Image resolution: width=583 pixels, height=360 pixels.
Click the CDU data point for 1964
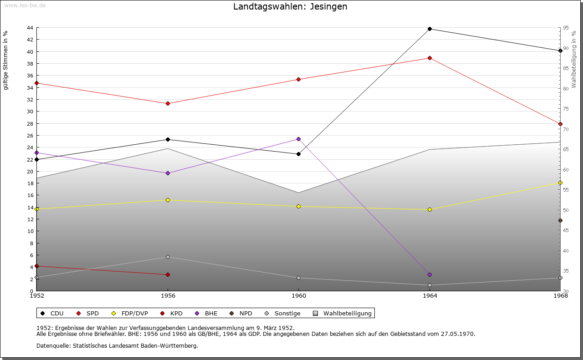pyautogui.click(x=430, y=29)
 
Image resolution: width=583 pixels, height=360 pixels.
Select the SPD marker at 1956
pyautogui.click(x=168, y=104)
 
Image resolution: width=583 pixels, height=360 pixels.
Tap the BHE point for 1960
pyautogui.click(x=298, y=139)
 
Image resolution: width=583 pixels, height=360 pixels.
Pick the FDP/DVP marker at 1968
pyautogui.click(x=560, y=183)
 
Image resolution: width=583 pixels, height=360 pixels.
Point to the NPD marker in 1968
pyautogui.click(x=560, y=221)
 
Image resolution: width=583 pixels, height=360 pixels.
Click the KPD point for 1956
pyautogui.click(x=168, y=275)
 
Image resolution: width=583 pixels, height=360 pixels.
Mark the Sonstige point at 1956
pyautogui.click(x=168, y=257)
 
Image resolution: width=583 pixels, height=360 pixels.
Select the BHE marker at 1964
pyautogui.click(x=430, y=275)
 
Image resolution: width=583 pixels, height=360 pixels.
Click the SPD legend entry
pyautogui.click(x=88, y=314)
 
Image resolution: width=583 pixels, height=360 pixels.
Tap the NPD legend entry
pyautogui.click(x=241, y=314)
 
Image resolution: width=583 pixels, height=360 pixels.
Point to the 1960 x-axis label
pyautogui.click(x=298, y=296)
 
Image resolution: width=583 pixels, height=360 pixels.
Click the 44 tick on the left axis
pyautogui.click(x=30, y=28)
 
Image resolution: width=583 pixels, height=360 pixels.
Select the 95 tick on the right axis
pyautogui.click(x=566, y=28)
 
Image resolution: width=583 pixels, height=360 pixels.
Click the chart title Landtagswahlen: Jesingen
pyautogui.click(x=290, y=7)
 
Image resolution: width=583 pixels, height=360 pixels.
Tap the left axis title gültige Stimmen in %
pyautogui.click(x=6, y=61)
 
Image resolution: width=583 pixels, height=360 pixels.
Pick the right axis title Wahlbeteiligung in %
pyautogui.click(x=574, y=59)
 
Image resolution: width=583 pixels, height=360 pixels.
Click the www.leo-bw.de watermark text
pyautogui.click(x=24, y=5)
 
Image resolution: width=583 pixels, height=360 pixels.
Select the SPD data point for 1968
pyautogui.click(x=560, y=124)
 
